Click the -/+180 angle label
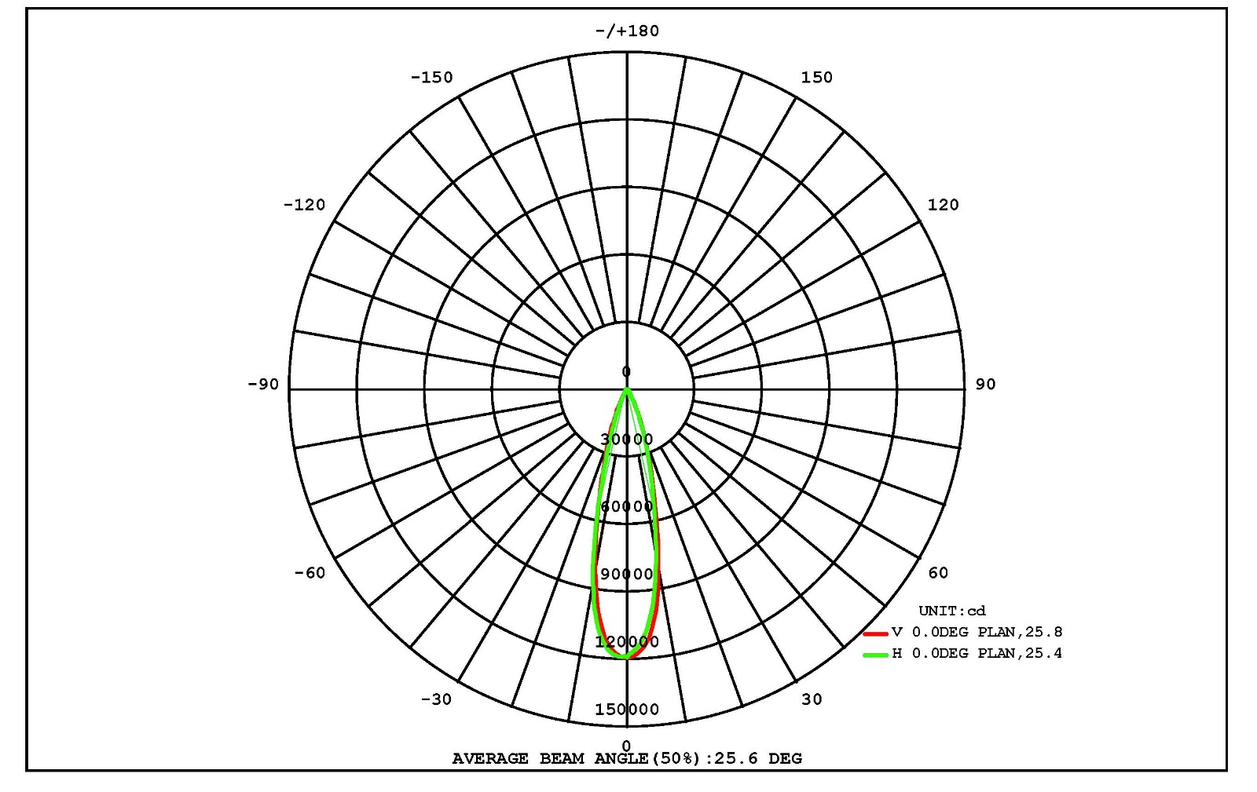click(x=627, y=31)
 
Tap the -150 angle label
click(x=431, y=78)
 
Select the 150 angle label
click(x=816, y=78)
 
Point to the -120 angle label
click(x=304, y=205)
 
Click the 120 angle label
click(x=944, y=205)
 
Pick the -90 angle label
click(x=263, y=384)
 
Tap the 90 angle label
click(x=985, y=384)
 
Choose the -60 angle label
click(x=310, y=572)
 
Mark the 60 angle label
click(x=938, y=572)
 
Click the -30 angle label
click(x=436, y=699)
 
